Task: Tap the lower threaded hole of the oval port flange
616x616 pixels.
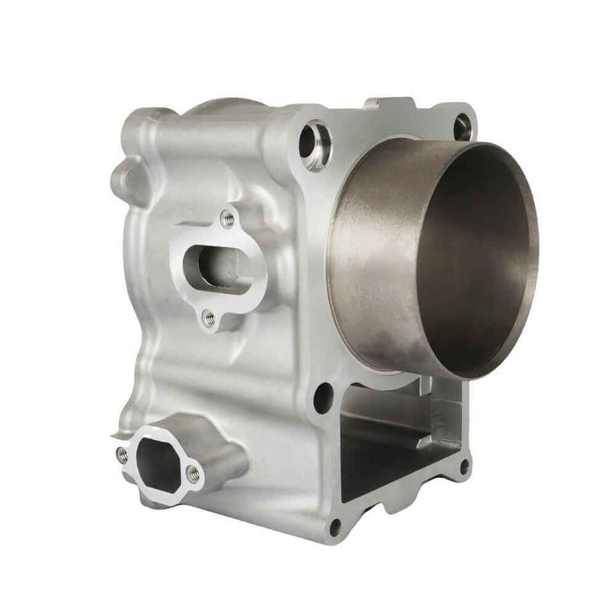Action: (209, 318)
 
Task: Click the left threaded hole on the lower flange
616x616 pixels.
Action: (122, 454)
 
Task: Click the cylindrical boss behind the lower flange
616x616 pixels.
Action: (231, 458)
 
